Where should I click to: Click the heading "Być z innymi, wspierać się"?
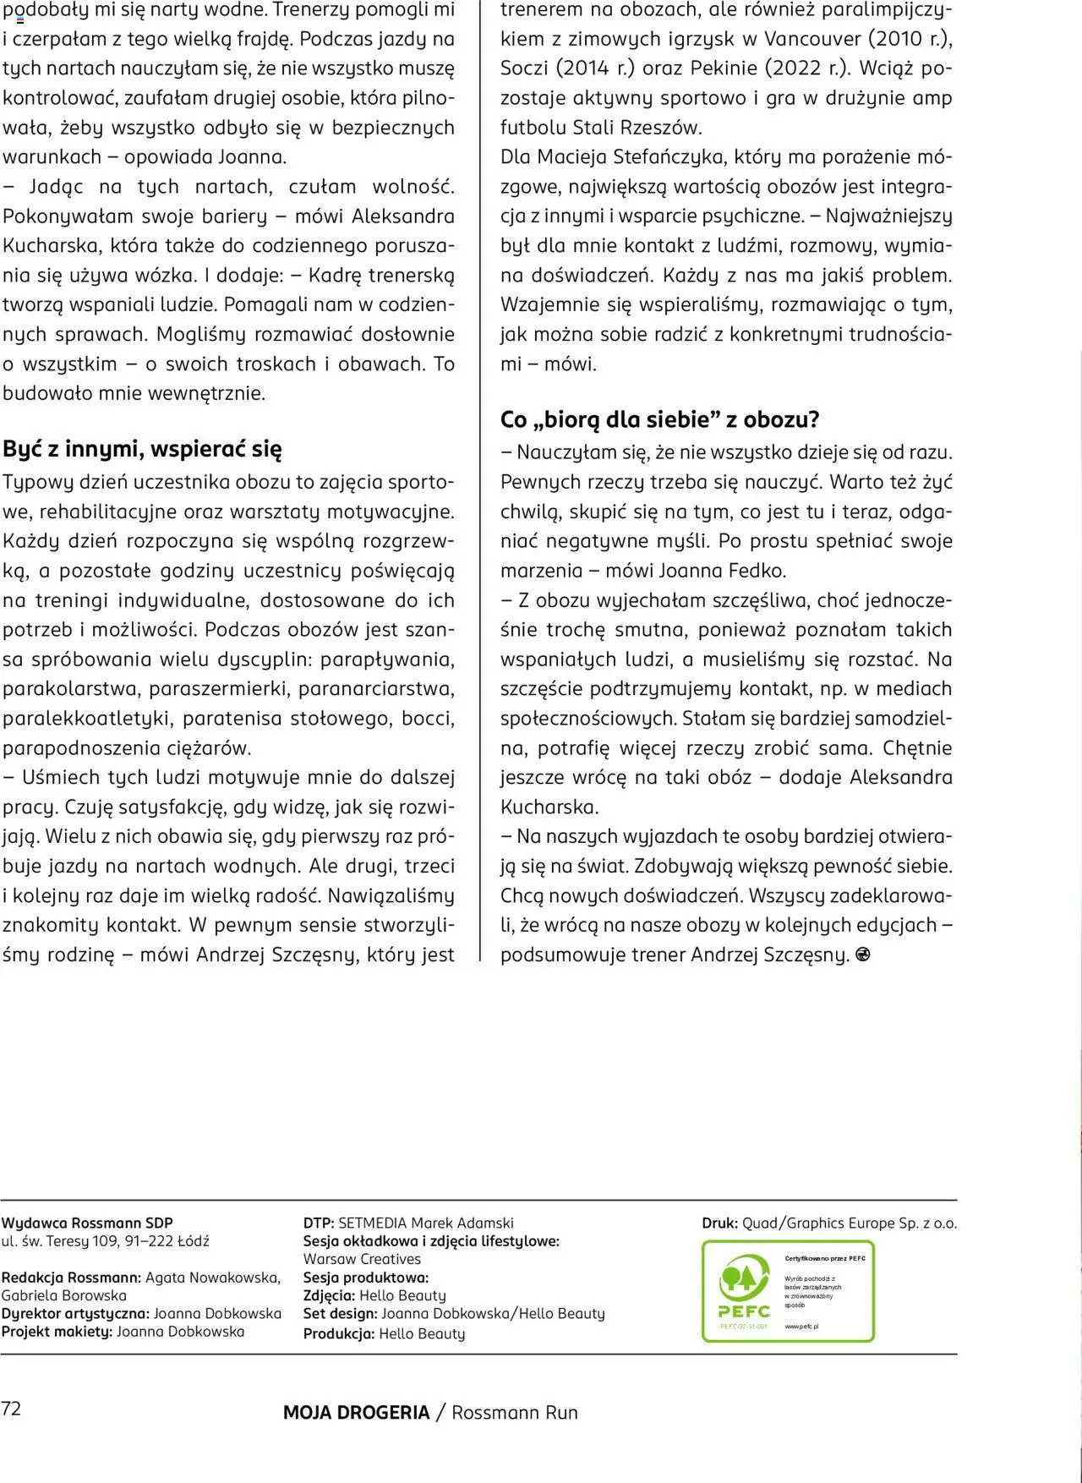tap(142, 449)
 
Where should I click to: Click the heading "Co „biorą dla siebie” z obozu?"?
tap(659, 419)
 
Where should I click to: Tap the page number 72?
tap(11, 1408)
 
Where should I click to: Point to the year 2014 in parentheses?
tap(584, 68)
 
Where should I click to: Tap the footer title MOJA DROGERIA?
tap(356, 1412)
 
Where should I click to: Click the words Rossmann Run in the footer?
tap(515, 1412)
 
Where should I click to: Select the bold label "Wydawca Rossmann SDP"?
tap(87, 1223)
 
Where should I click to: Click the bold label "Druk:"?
tap(720, 1223)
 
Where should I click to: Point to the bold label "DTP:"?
tap(319, 1223)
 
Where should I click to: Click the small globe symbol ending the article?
tap(863, 955)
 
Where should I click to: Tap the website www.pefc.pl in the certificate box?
tap(801, 1327)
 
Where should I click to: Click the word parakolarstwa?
tap(71, 689)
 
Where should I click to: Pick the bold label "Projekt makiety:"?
tap(57, 1332)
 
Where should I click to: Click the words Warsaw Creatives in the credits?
tap(362, 1259)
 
